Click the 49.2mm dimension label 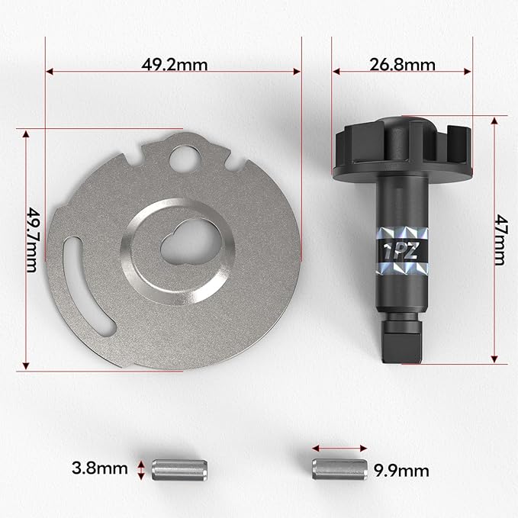click(175, 65)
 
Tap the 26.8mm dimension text click(402, 65)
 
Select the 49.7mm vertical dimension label click(33, 240)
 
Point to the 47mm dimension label click(500, 240)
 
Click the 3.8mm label click(100, 468)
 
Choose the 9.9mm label click(401, 471)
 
